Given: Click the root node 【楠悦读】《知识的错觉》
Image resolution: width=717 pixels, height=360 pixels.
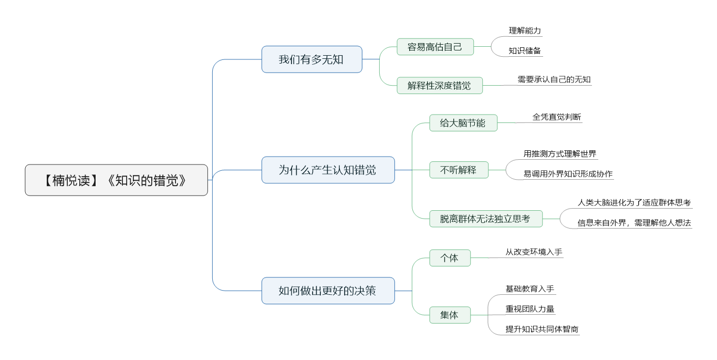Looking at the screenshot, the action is click(117, 180).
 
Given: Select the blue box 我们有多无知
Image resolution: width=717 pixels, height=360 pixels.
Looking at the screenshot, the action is click(312, 59).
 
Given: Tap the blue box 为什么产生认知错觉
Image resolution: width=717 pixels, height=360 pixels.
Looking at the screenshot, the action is click(328, 170).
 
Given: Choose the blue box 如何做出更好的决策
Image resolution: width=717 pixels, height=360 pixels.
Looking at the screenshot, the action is click(328, 291).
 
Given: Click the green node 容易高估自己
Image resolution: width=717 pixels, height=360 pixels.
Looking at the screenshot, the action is click(435, 47).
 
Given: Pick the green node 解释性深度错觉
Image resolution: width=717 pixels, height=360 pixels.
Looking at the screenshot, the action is click(440, 86).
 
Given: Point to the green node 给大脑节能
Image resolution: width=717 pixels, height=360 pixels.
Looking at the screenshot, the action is click(463, 122).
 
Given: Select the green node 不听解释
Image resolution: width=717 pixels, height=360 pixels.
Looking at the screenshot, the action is click(459, 170).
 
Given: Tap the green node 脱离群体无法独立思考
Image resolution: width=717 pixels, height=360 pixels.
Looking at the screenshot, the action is click(485, 219).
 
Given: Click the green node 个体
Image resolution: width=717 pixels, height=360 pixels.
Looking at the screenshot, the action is click(450, 258).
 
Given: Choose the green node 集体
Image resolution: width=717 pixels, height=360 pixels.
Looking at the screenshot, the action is click(450, 315).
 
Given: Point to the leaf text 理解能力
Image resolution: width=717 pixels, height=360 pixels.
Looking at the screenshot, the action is click(525, 30).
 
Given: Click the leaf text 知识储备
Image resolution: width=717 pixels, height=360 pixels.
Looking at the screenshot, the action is click(525, 50).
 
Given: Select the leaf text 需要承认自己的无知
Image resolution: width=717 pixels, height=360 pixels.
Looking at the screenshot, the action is click(554, 79).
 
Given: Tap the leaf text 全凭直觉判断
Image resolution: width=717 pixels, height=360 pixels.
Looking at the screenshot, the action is click(557, 117).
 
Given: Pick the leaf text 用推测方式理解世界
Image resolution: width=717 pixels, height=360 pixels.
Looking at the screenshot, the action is click(560, 154).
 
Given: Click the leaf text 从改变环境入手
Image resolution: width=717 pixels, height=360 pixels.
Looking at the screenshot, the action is click(534, 252).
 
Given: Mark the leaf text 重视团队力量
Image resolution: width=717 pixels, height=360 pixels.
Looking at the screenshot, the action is click(530, 308).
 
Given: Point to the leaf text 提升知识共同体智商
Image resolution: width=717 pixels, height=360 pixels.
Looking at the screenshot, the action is click(542, 329).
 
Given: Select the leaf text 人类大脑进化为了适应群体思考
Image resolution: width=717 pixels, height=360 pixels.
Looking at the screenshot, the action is click(634, 202).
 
